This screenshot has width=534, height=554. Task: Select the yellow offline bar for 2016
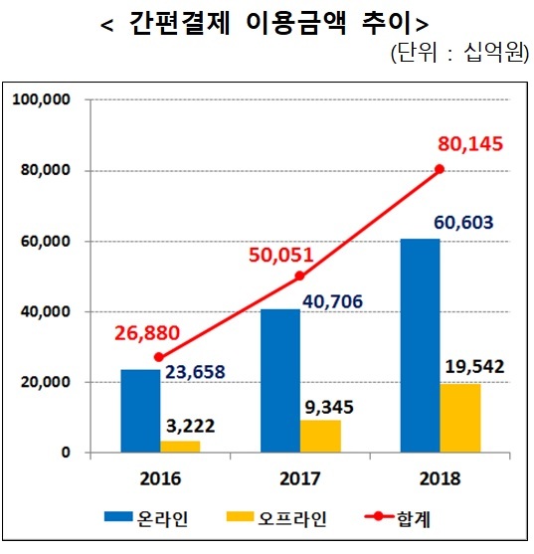tap(179, 447)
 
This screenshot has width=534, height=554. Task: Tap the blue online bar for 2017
tap(280, 381)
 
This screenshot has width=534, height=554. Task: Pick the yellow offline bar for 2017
tap(319, 436)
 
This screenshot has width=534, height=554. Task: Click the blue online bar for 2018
tap(421, 345)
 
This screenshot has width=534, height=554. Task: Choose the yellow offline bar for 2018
tap(460, 418)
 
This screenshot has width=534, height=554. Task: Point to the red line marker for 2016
tap(159, 357)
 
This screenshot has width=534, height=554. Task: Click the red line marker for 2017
tap(299, 276)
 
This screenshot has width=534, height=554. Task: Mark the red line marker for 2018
tap(440, 169)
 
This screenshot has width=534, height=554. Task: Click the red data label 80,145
tap(471, 146)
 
